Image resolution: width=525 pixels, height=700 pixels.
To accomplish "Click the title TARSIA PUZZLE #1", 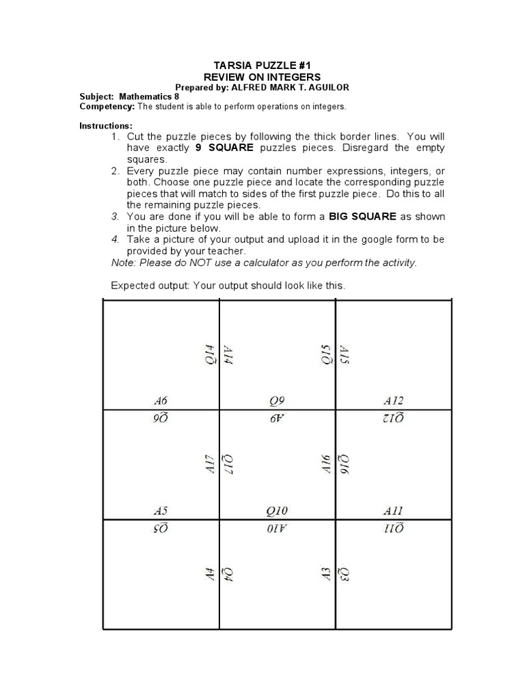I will (262, 65).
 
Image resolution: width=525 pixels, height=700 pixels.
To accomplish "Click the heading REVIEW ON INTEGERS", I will (262, 77).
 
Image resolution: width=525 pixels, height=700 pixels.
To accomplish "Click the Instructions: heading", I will (106, 126).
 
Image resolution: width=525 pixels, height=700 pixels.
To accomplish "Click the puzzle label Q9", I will (277, 401).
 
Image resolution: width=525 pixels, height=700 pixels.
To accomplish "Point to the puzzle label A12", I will (394, 401).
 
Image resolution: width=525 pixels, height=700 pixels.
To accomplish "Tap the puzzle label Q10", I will (277, 510).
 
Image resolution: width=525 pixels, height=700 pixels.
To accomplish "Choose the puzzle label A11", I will (394, 510).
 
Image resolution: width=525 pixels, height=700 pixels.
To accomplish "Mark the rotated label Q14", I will (210, 355).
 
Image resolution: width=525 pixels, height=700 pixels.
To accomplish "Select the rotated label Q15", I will (326, 355).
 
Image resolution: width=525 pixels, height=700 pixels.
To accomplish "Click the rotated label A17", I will (210, 466).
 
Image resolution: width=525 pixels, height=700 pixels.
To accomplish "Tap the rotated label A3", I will (326, 575).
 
